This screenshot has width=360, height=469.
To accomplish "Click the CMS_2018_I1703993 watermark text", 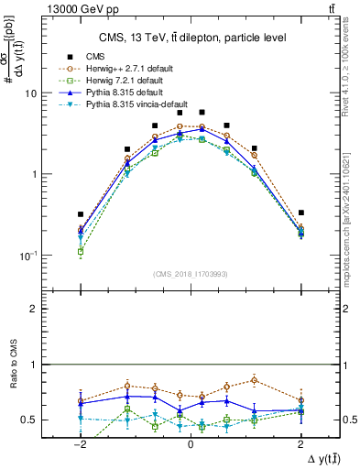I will (x=190, y=273).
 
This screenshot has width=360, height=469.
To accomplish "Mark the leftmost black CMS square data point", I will (x=81, y=214).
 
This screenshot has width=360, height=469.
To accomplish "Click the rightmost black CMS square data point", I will (x=300, y=213).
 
